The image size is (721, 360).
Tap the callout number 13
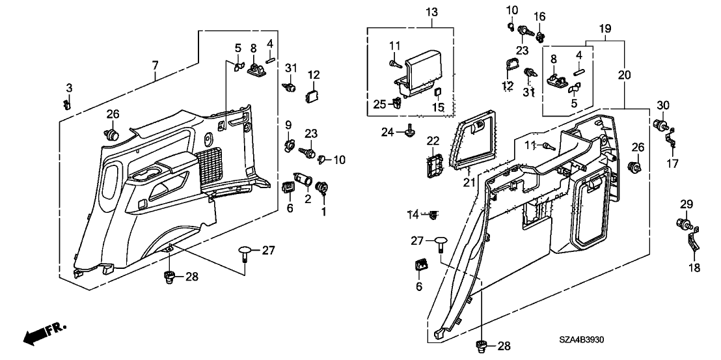coord(433,13)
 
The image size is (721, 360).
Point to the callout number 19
coord(605,29)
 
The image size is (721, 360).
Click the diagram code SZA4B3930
coord(586,340)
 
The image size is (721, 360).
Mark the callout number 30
coord(662,105)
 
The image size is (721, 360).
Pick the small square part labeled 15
coord(438,93)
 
